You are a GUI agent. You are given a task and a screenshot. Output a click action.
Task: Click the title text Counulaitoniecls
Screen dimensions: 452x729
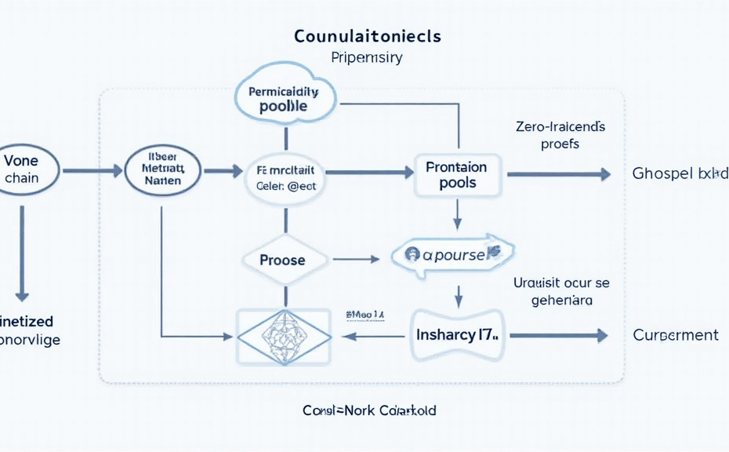tap(367, 36)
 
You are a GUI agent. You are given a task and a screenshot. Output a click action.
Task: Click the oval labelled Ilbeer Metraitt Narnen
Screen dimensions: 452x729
tap(163, 169)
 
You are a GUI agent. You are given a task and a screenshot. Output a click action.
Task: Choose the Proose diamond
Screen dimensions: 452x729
tap(282, 259)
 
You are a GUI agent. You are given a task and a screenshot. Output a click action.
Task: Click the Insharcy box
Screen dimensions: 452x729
tap(458, 335)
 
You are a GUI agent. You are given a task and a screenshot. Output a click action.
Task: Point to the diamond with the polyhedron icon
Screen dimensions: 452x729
tap(284, 335)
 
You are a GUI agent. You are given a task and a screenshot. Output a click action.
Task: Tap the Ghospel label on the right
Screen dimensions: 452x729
tap(679, 173)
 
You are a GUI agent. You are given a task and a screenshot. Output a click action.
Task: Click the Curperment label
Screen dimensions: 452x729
tap(675, 335)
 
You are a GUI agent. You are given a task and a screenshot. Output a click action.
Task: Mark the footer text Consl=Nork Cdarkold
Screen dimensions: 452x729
tap(369, 410)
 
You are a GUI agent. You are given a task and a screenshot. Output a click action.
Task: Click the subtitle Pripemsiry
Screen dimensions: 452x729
tap(367, 58)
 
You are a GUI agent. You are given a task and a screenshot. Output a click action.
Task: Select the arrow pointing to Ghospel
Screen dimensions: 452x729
tap(558, 174)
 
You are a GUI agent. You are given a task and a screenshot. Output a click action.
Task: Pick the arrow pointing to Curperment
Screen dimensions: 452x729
tap(558, 336)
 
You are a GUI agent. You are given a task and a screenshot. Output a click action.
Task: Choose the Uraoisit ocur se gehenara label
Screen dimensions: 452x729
tap(561, 290)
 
